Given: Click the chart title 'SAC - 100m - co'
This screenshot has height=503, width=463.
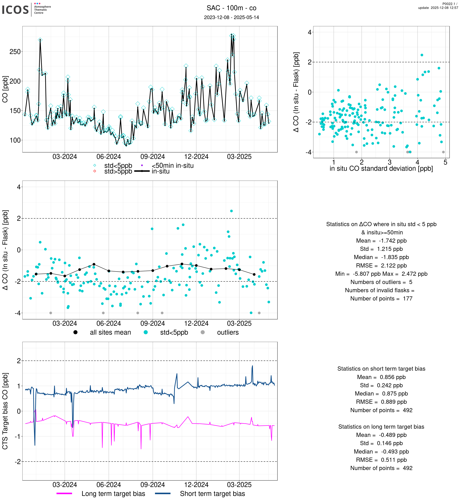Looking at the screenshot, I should [x=231, y=8].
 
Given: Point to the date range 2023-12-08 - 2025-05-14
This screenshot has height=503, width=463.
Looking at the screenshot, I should [x=231, y=17].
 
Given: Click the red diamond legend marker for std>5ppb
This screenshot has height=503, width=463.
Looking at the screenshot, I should [x=95, y=171].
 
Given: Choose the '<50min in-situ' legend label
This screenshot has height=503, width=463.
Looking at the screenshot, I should [x=172, y=166].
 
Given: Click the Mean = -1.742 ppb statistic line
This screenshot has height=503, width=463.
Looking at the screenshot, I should [x=381, y=241].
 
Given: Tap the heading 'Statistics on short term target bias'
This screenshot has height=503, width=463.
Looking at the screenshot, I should [x=381, y=369].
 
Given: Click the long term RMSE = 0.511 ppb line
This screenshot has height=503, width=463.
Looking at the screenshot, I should [x=381, y=460].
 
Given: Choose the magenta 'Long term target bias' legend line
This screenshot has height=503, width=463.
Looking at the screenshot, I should [x=64, y=493].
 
